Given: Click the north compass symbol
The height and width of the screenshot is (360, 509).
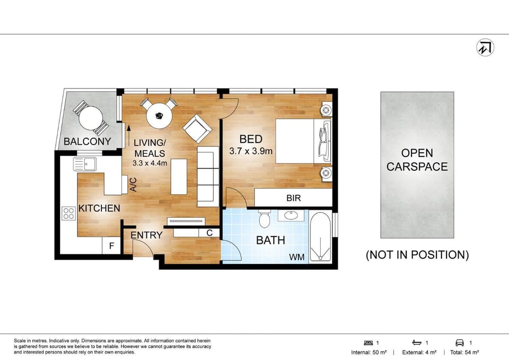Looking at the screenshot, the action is point(485,48).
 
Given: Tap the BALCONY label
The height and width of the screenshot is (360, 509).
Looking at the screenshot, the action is point(87,142).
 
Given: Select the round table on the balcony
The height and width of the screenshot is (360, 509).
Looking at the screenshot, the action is point(91,118).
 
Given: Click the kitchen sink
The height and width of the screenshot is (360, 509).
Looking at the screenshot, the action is point(84,164).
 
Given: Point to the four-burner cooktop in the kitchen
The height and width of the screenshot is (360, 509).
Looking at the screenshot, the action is point(69,213).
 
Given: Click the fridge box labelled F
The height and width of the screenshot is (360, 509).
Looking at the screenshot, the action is point(111,245).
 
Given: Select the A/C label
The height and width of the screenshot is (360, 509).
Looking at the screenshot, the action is point(133,185).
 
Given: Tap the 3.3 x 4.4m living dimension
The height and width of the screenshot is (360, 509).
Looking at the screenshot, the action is point(150,163).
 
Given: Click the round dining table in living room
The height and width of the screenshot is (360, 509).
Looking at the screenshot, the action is point(159,115).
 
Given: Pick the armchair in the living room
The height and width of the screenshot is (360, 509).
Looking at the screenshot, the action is point(197,129).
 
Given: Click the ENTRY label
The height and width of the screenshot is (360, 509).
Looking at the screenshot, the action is point(146,235).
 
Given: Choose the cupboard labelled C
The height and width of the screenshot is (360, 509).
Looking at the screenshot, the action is point(209,233).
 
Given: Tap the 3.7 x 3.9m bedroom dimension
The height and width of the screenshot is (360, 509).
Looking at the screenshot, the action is point(251,151).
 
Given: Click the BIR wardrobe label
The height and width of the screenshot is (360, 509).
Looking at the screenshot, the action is point(293,198).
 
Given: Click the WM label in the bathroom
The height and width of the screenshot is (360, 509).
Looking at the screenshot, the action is point(297,258).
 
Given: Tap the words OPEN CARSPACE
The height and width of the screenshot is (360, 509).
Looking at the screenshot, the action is point(417,160).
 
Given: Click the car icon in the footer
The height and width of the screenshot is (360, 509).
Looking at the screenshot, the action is point(460,343).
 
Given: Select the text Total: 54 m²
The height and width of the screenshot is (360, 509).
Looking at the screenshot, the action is point(464,352).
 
